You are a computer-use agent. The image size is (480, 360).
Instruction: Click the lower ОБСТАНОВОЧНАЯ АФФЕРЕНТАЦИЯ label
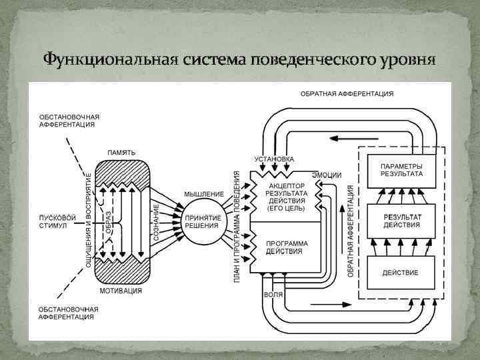coord(69,313)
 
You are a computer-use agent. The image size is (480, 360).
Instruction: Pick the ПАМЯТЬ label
coord(121,153)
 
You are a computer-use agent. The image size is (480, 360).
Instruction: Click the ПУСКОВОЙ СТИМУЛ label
coord(58,221)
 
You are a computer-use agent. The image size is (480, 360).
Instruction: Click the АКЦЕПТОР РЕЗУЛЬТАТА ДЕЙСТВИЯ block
coord(285,196)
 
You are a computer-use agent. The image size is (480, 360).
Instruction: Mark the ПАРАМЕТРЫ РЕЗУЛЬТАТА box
coord(401,169)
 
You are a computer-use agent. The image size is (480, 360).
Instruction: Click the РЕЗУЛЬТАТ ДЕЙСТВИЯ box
coord(401,221)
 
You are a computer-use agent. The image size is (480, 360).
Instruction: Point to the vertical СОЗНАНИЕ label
coord(157,223)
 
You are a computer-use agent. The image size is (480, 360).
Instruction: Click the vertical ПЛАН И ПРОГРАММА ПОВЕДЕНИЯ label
coord(237,225)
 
